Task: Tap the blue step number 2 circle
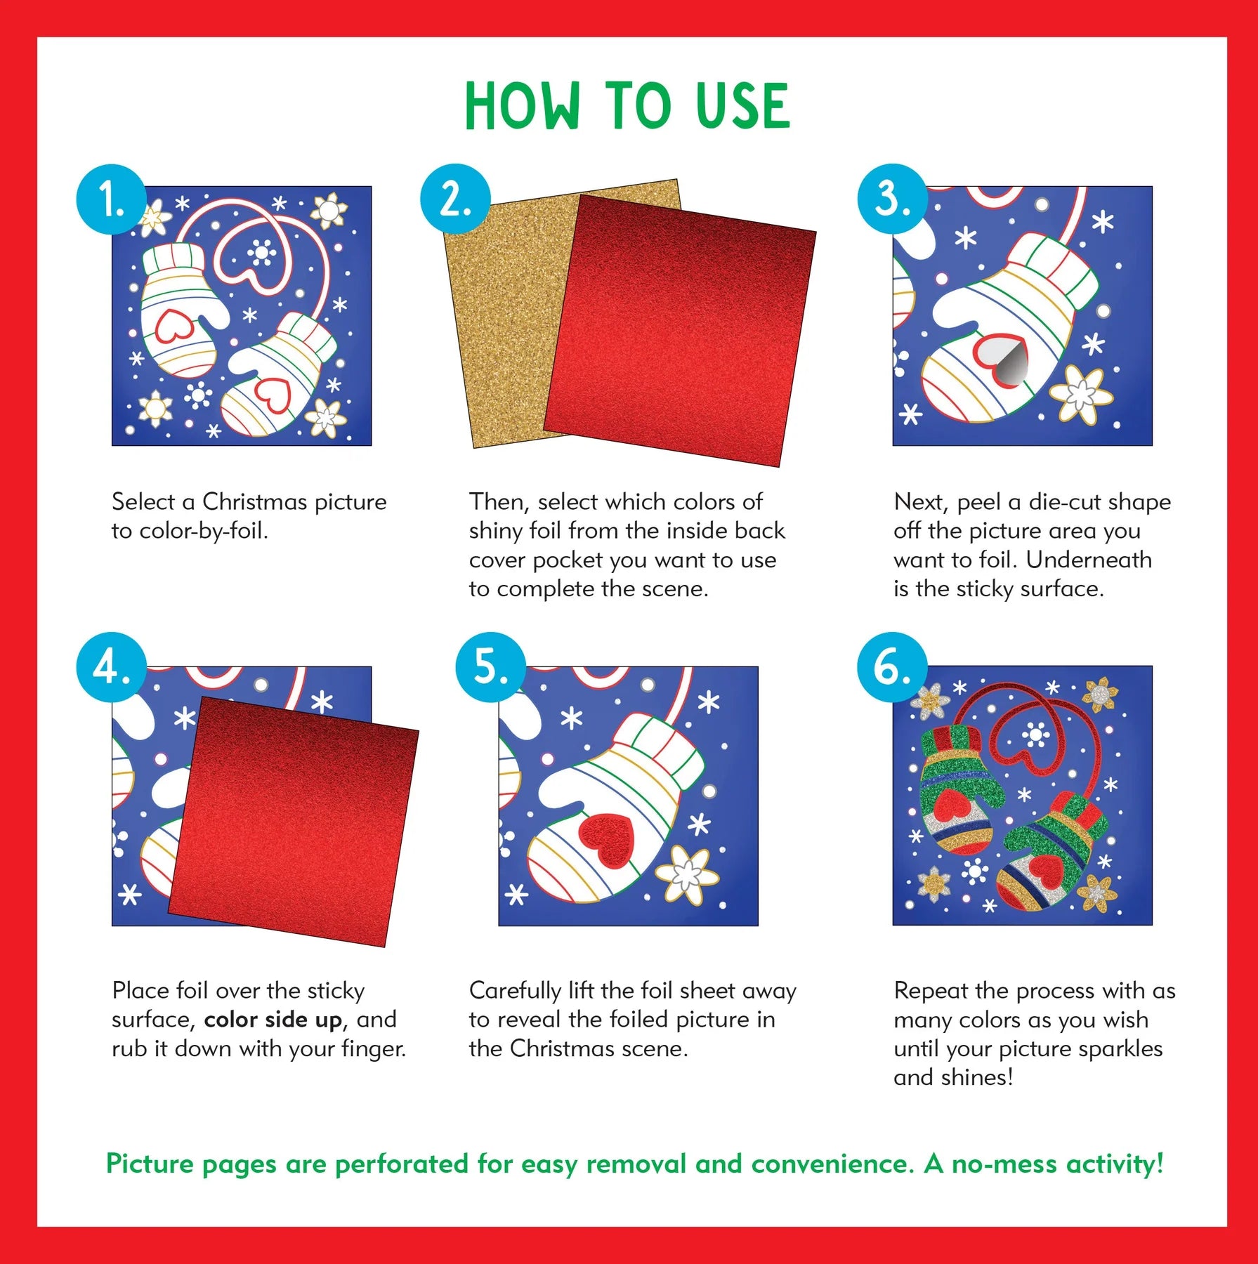[x=455, y=199]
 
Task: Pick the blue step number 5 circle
[x=490, y=666]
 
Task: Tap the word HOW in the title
[x=521, y=107]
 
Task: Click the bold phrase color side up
[x=273, y=1020]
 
